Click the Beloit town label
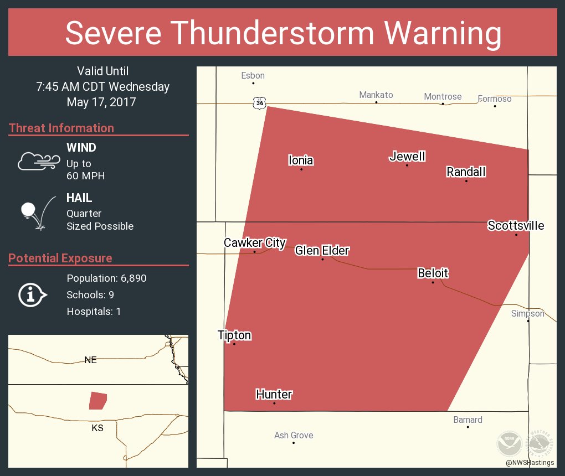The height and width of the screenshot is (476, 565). [x=433, y=273]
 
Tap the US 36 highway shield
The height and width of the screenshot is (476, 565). [x=260, y=102]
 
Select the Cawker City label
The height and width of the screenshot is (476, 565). [x=254, y=242]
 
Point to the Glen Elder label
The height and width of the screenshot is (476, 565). [x=322, y=250]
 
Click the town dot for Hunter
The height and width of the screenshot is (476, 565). [x=274, y=403]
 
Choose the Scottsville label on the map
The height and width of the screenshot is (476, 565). [x=515, y=225]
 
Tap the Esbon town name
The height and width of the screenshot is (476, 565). [x=253, y=75]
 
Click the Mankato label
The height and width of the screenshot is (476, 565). [x=376, y=95]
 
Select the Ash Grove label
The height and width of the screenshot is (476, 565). [x=294, y=435]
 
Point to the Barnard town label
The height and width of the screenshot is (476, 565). [x=468, y=420]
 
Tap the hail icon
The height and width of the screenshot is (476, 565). [x=37, y=213]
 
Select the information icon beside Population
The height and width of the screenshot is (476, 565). [x=32, y=294]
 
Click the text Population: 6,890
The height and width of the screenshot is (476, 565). [x=106, y=278]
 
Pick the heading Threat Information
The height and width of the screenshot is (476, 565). [x=61, y=128]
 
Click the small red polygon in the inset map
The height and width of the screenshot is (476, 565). [x=98, y=400]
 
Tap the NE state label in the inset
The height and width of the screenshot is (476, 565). [x=90, y=360]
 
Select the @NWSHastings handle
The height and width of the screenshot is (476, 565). [x=530, y=462]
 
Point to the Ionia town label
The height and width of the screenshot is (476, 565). [x=301, y=161]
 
